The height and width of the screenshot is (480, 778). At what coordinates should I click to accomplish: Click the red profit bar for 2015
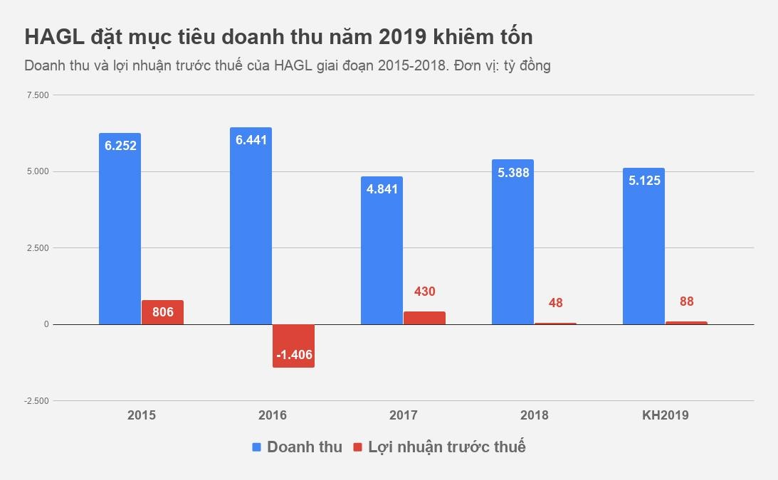pyautogui.click(x=162, y=313)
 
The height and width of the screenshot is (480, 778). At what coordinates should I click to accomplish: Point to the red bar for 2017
pyautogui.click(x=424, y=318)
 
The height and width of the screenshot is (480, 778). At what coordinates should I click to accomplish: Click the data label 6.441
pyautogui.click(x=251, y=140)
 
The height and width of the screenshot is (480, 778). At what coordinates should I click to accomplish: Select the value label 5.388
pyautogui.click(x=512, y=172)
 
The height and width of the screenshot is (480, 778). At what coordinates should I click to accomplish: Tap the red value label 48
pyautogui.click(x=555, y=303)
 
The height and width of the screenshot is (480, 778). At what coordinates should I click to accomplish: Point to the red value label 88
pyautogui.click(x=686, y=302)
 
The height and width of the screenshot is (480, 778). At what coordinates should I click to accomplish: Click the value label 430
pyautogui.click(x=424, y=292)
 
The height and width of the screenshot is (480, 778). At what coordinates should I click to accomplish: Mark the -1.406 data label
pyautogui.click(x=293, y=355)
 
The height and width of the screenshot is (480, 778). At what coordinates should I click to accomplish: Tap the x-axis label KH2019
pyautogui.click(x=665, y=415)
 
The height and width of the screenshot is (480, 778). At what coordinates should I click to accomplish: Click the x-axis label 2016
pyautogui.click(x=272, y=415)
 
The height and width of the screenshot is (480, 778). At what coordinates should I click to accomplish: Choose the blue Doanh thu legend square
pyautogui.click(x=257, y=447)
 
